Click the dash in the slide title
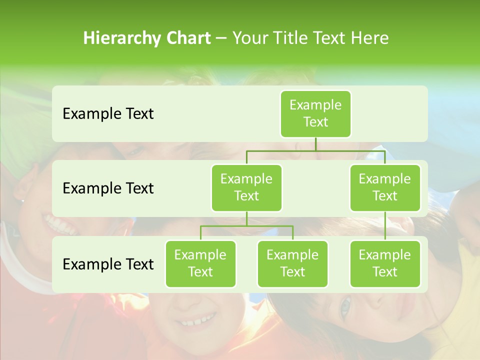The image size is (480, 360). tap(221, 38)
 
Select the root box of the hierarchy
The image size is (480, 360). tap(315, 113)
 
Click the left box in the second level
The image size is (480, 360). tap(246, 187)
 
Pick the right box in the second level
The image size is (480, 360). tap(385, 187)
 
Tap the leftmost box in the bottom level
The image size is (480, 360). tap(200, 263)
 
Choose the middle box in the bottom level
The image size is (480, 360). tap(292, 263)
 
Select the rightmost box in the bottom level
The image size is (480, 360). tap(385, 263)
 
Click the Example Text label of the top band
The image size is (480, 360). tap(108, 114)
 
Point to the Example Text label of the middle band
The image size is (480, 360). tap(108, 188)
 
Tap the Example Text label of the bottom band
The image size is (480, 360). tap(108, 264)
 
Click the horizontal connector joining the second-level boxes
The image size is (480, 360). tap(315, 150)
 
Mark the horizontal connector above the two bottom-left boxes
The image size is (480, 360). tap(246, 226)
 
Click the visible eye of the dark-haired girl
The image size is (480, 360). tap(345, 305)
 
